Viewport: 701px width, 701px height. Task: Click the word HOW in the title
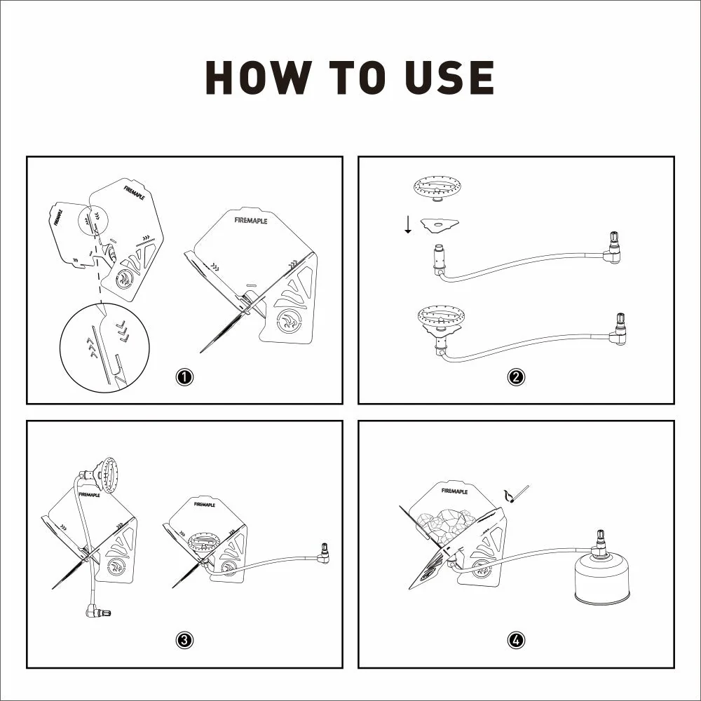pos(259,77)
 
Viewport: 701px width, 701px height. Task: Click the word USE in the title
pos(449,77)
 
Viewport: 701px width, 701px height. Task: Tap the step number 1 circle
pos(184,377)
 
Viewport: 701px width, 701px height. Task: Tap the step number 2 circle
pos(516,377)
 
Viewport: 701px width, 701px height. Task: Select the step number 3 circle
pos(184,640)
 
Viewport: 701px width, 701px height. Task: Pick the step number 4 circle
pos(516,640)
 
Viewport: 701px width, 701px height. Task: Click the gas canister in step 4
pos(602,579)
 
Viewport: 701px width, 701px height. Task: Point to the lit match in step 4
pos(517,494)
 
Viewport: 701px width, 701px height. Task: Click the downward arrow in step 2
pos(408,224)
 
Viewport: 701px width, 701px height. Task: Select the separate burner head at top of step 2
pos(437,188)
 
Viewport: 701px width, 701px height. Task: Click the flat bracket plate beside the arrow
pos(440,225)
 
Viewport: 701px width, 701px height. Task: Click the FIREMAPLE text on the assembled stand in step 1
pos(250,220)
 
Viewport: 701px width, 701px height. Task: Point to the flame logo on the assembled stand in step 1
pos(288,322)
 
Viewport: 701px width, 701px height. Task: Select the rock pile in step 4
pos(445,522)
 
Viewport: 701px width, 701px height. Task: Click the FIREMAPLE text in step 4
pos(454,491)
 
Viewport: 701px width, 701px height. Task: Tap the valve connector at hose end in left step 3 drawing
pos(98,611)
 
